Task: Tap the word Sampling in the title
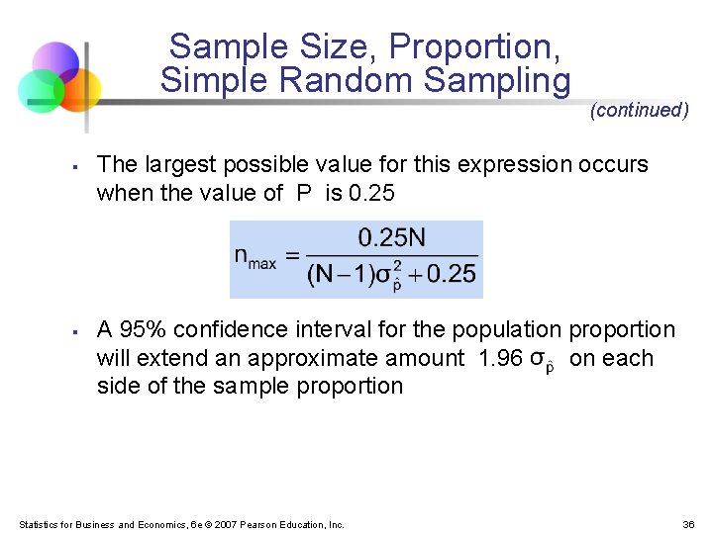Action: click(x=510, y=80)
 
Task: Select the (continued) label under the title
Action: click(x=639, y=111)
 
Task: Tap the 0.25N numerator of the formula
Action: click(x=391, y=237)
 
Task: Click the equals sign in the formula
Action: click(x=291, y=255)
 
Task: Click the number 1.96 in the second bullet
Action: click(x=500, y=357)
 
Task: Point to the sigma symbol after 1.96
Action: click(x=541, y=359)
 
